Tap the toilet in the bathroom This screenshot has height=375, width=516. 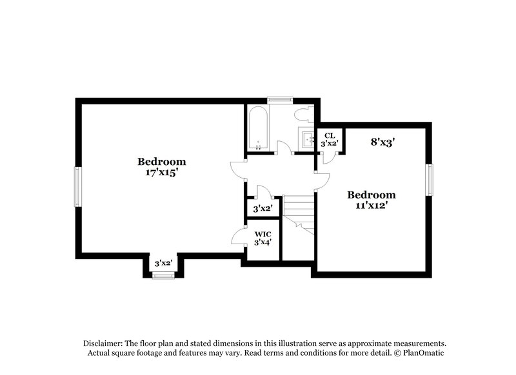[x=302, y=115]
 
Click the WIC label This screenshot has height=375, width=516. [x=262, y=233]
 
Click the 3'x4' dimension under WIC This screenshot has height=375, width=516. [x=262, y=243]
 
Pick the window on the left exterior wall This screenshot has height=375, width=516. [x=77, y=187]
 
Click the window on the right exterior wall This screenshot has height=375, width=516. [x=430, y=179]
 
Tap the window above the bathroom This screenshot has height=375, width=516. [x=281, y=99]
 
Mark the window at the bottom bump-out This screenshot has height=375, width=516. [x=163, y=276]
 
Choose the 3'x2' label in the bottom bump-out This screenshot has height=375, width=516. [x=163, y=263]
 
